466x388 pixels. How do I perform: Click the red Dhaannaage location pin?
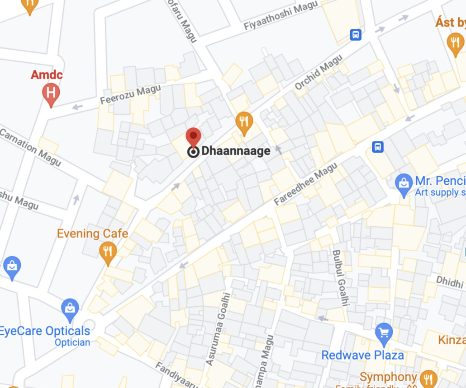coord(194,136)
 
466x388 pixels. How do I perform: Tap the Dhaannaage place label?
coord(235,151)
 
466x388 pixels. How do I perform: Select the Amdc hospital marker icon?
coord(51,93)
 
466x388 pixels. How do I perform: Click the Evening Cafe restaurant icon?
coord(108,251)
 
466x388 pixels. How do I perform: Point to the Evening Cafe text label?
coord(92,234)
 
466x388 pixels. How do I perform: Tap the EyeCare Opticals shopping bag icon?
coord(70,309)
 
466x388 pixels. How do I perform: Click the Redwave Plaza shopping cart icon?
coord(384,333)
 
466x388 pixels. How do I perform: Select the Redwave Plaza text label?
coord(362,355)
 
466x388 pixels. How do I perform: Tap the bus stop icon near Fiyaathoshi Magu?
coord(356,34)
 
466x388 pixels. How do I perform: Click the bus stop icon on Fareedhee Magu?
coord(378,147)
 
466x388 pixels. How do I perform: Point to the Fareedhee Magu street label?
coord(306,184)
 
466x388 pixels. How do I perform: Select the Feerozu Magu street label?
coord(130,94)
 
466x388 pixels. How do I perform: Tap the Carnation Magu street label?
coord(30,147)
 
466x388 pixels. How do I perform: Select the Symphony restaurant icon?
coord(428,379)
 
